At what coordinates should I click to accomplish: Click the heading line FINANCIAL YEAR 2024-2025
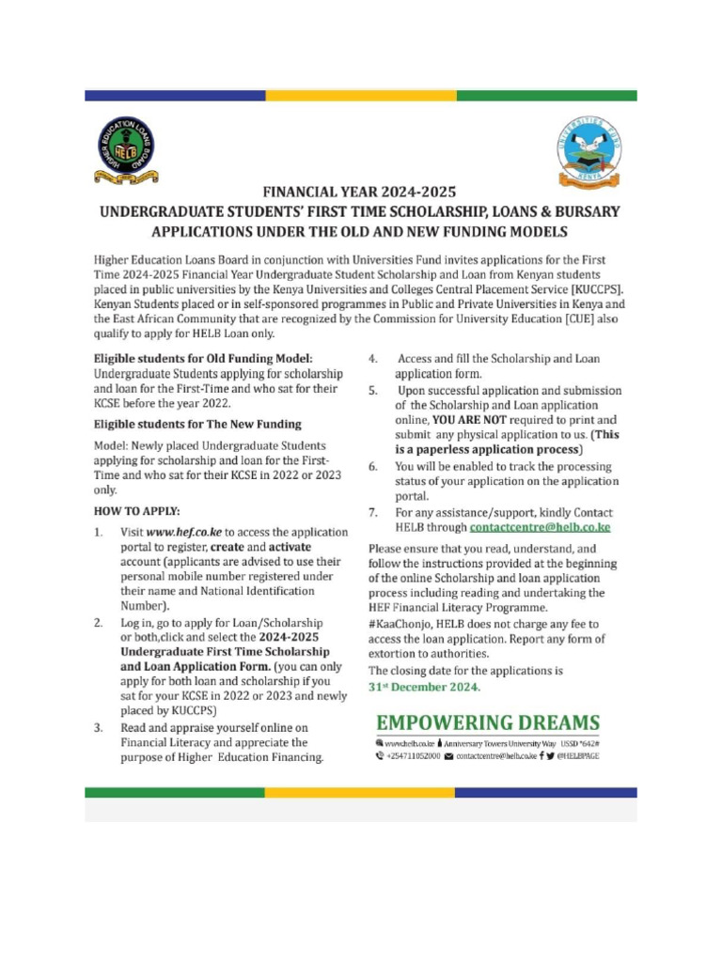[x=360, y=193]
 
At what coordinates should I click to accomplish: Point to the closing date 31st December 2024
[x=424, y=687]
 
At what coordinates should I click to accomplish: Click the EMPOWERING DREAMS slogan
[x=487, y=722]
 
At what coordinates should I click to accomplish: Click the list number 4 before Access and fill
[x=372, y=359]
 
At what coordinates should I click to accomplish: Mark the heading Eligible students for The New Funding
[x=197, y=424]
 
